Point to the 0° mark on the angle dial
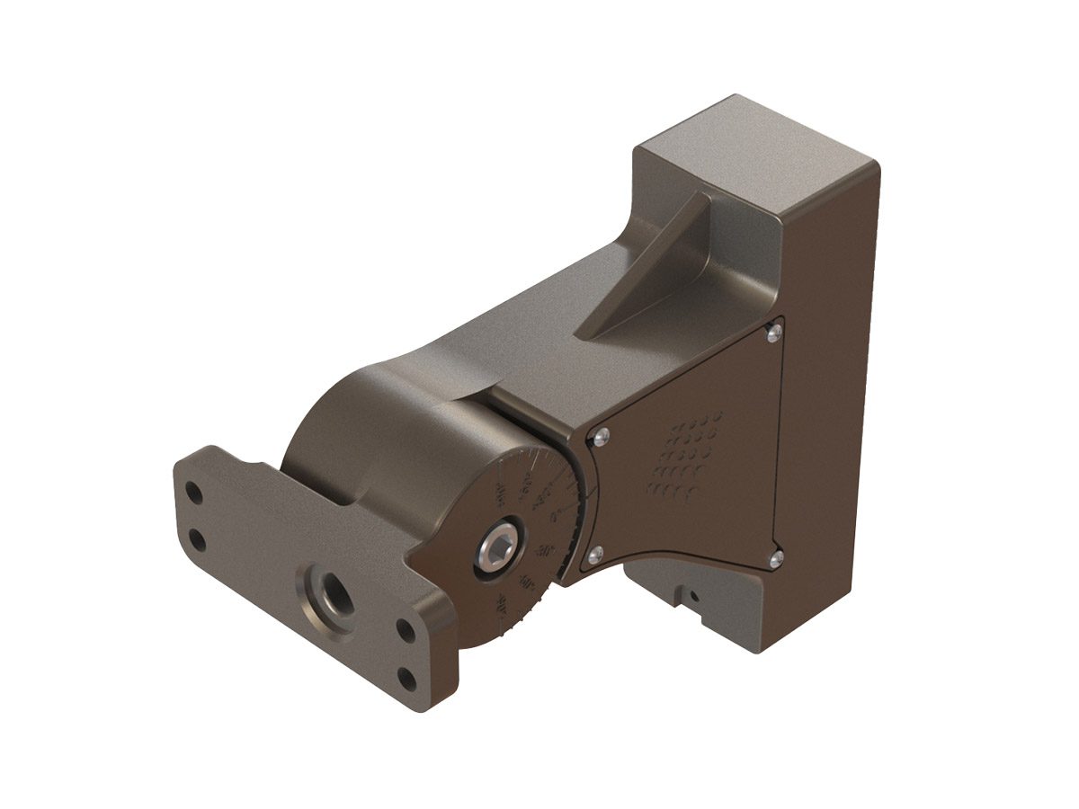[555, 517]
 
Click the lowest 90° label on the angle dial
[500, 603]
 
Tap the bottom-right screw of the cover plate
[776, 557]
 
